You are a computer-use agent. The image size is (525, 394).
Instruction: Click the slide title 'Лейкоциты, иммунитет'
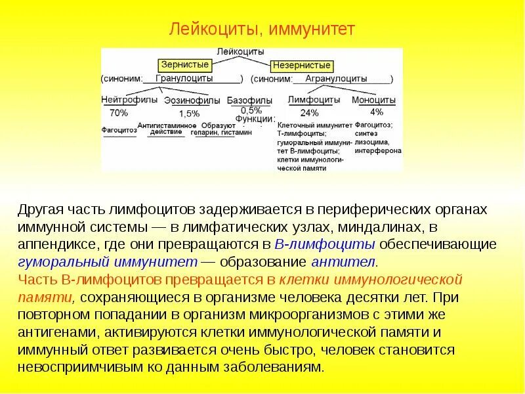coord(262,29)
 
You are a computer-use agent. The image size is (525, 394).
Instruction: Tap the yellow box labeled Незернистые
coord(301,66)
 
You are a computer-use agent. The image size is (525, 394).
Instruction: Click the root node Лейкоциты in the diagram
coord(240,51)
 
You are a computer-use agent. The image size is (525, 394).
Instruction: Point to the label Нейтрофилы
coord(130,100)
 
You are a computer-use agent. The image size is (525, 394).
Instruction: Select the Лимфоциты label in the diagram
coord(314,100)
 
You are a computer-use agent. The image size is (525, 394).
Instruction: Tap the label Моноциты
coord(373,100)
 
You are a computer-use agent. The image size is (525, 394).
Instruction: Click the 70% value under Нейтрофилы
coord(119,113)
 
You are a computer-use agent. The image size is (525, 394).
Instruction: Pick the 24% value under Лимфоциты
coord(309,113)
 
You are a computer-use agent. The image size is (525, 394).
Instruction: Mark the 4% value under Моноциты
coord(377,112)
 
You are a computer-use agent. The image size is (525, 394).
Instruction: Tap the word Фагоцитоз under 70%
coord(119,131)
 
